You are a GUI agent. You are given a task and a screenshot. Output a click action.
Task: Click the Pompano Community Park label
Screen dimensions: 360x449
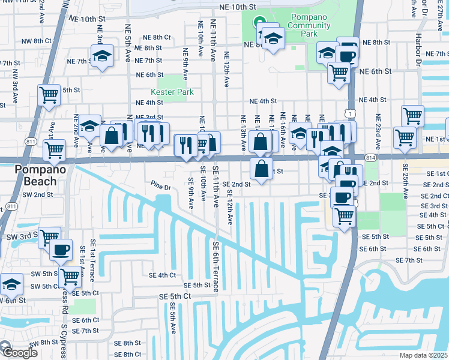[x=309, y=25]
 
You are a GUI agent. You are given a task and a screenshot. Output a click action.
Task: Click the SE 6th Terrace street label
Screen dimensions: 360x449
[x=215, y=267]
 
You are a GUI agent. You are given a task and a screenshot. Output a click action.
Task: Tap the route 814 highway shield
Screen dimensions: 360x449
[x=371, y=157]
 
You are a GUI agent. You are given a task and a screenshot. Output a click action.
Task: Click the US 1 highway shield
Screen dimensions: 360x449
[x=349, y=113]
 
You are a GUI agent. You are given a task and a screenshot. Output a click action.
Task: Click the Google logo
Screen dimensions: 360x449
[x=20, y=353]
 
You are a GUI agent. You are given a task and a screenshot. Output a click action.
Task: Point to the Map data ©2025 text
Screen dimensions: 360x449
[x=424, y=356]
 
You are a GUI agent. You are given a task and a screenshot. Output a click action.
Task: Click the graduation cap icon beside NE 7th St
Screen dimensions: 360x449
[x=102, y=57]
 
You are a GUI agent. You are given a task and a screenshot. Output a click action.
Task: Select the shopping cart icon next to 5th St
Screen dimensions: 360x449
[x=49, y=95]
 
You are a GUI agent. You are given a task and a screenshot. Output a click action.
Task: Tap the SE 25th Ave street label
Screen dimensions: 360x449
[x=405, y=181]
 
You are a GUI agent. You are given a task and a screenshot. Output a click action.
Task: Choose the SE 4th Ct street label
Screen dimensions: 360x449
[x=162, y=275]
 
